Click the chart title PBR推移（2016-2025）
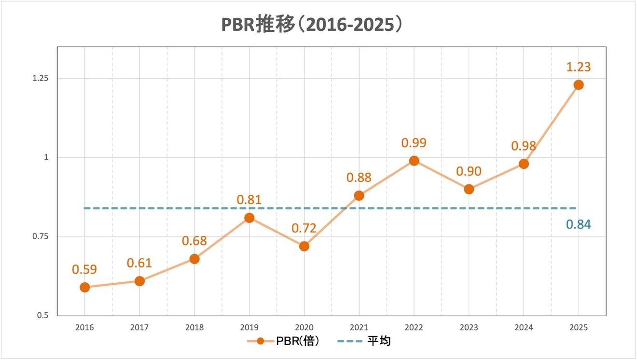tap(312, 25)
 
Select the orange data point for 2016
tap(84, 287)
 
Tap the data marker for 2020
tap(304, 246)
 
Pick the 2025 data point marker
tap(578, 85)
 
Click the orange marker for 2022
tap(414, 161)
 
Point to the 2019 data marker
tap(249, 218)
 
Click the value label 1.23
tap(578, 67)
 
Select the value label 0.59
tap(84, 269)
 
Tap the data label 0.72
tap(304, 228)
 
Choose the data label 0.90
tap(469, 171)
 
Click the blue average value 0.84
tap(578, 224)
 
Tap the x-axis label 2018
tap(194, 327)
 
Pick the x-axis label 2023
tap(469, 327)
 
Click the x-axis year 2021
tap(359, 327)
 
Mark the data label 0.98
tap(524, 146)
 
